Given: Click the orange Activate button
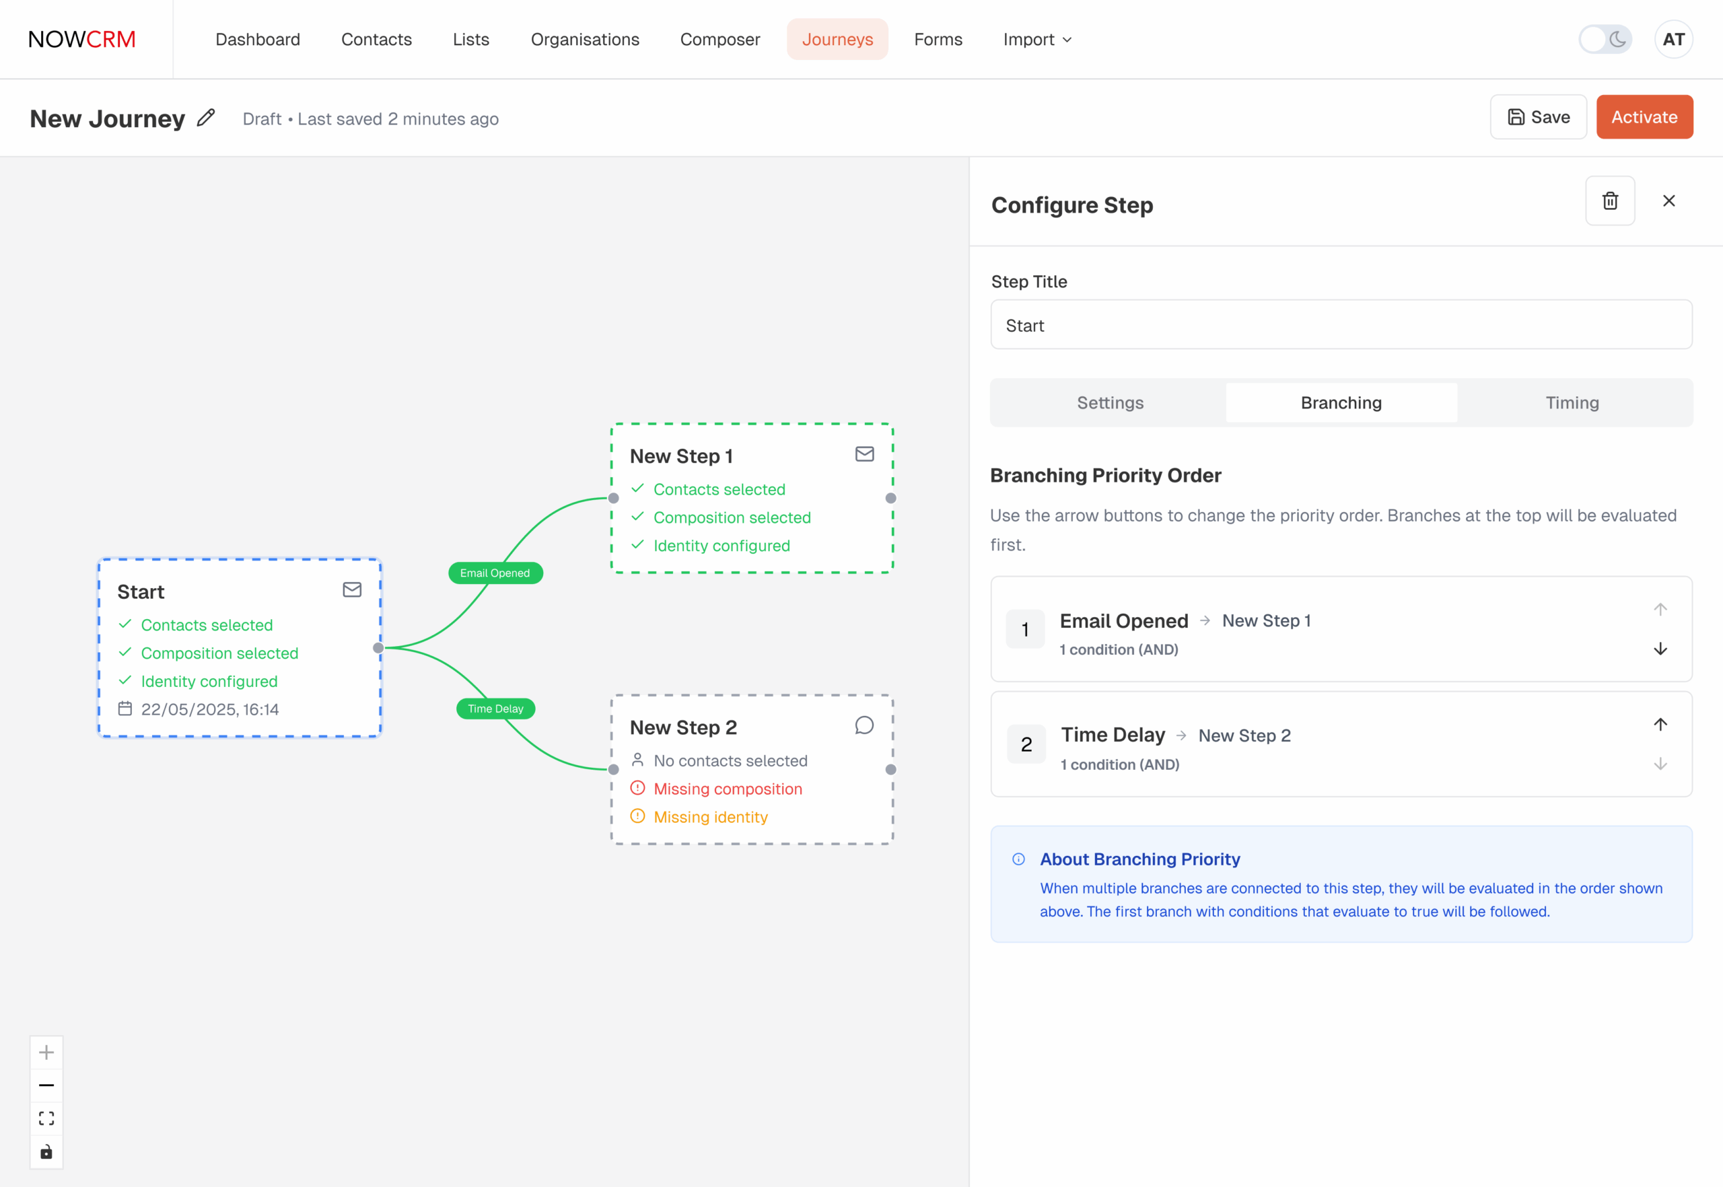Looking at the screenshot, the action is (x=1644, y=117).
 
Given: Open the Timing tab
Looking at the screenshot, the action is (x=1572, y=402).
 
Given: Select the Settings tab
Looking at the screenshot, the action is (x=1110, y=402).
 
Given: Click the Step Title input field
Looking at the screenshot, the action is (x=1341, y=325).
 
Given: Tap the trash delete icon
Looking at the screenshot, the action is (x=1610, y=201).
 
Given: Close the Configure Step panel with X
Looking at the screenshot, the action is (x=1668, y=201).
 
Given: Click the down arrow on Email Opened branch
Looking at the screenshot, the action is (x=1660, y=649).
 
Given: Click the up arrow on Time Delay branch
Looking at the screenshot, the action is (x=1660, y=725).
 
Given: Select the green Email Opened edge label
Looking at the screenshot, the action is (x=495, y=573).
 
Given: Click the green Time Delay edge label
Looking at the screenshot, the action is (x=495, y=709).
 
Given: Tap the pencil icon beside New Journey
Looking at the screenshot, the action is (x=206, y=118).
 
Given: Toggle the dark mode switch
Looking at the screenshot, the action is (x=1605, y=40).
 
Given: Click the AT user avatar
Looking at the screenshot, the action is (x=1674, y=40).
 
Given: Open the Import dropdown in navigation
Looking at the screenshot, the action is (x=1037, y=40).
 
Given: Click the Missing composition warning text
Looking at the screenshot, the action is (x=728, y=789).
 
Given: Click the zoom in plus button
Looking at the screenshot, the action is (x=46, y=1052).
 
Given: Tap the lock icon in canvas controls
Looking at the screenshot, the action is (x=46, y=1152).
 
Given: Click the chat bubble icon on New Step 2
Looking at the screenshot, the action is (x=864, y=725).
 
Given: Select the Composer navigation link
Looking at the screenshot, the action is (x=720, y=40).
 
